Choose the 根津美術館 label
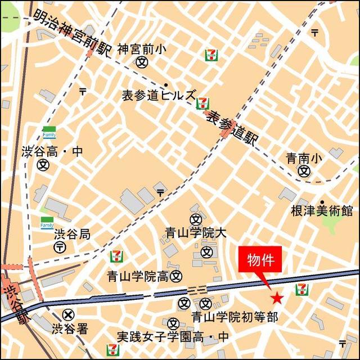322,211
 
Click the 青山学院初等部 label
235,317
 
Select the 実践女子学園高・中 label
173,337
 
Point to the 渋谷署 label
70,329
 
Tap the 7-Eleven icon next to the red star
301,289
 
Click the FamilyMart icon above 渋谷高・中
49,133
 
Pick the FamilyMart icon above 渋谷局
47,222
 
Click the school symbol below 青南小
304,170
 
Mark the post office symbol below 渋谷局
58,248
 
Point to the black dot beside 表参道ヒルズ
166,85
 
